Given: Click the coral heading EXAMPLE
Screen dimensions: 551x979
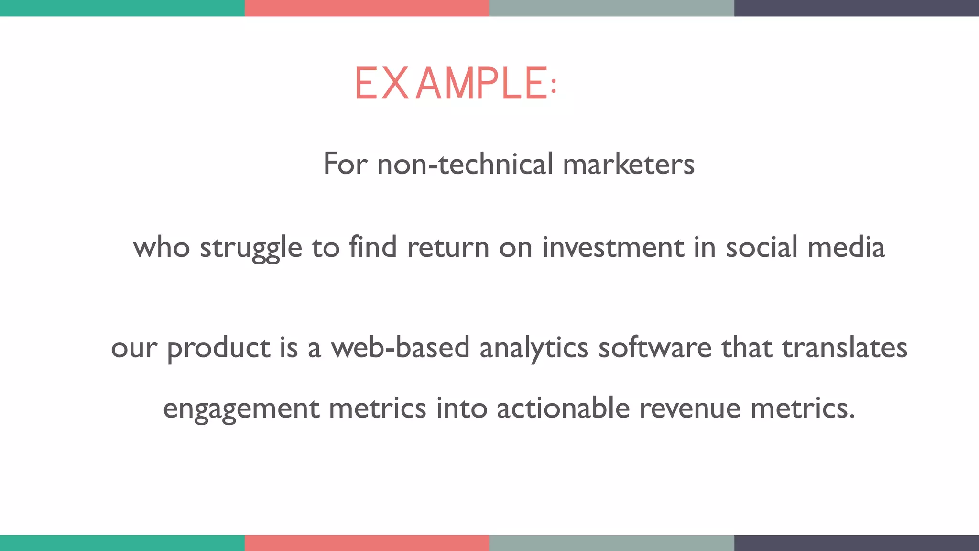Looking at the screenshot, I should pos(455,84).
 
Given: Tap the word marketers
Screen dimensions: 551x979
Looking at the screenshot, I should pos(629,164).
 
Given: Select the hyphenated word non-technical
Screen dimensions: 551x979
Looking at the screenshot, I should pos(465,164).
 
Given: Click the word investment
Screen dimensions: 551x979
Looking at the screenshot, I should pos(613,248).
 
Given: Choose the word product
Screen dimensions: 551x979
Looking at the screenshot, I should pos(218,349).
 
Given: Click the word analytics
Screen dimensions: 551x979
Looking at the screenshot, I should pos(533,349).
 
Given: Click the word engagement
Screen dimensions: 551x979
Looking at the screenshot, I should pos(241,409).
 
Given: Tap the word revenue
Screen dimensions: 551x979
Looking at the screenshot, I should pos(690,409).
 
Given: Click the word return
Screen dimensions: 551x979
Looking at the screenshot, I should pos(448,248).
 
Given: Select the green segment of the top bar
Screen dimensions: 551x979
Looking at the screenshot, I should pos(122,8).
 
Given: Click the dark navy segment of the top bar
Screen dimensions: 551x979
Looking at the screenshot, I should pos(857,8).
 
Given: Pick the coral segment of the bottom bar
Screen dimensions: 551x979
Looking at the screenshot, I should pos(367,543).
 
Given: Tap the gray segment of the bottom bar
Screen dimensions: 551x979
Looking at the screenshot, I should pos(612,543).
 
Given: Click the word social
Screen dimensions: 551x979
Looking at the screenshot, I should pos(761,248).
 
